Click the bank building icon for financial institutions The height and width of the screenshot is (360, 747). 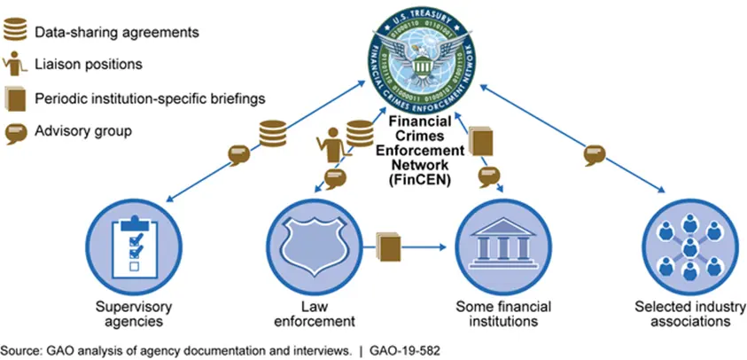[498, 239]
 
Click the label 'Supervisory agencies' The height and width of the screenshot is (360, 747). [132, 314]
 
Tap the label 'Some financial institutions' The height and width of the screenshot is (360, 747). [501, 314]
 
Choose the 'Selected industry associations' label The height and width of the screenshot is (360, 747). [682, 314]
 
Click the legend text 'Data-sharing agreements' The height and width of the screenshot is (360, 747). [116, 33]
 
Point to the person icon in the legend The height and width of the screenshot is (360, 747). [15, 65]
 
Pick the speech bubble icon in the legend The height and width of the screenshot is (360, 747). [15, 131]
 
